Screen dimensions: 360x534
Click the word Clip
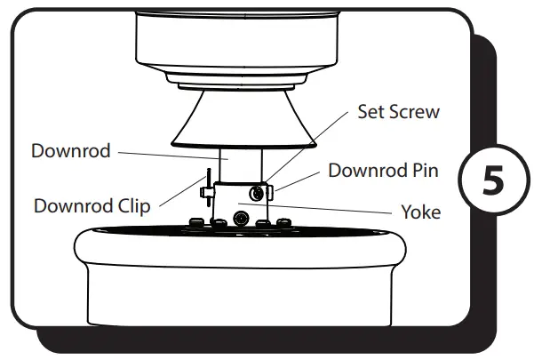tap(132, 206)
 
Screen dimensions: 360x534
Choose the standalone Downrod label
tap(70, 151)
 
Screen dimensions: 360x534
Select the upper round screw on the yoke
tap(258, 192)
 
